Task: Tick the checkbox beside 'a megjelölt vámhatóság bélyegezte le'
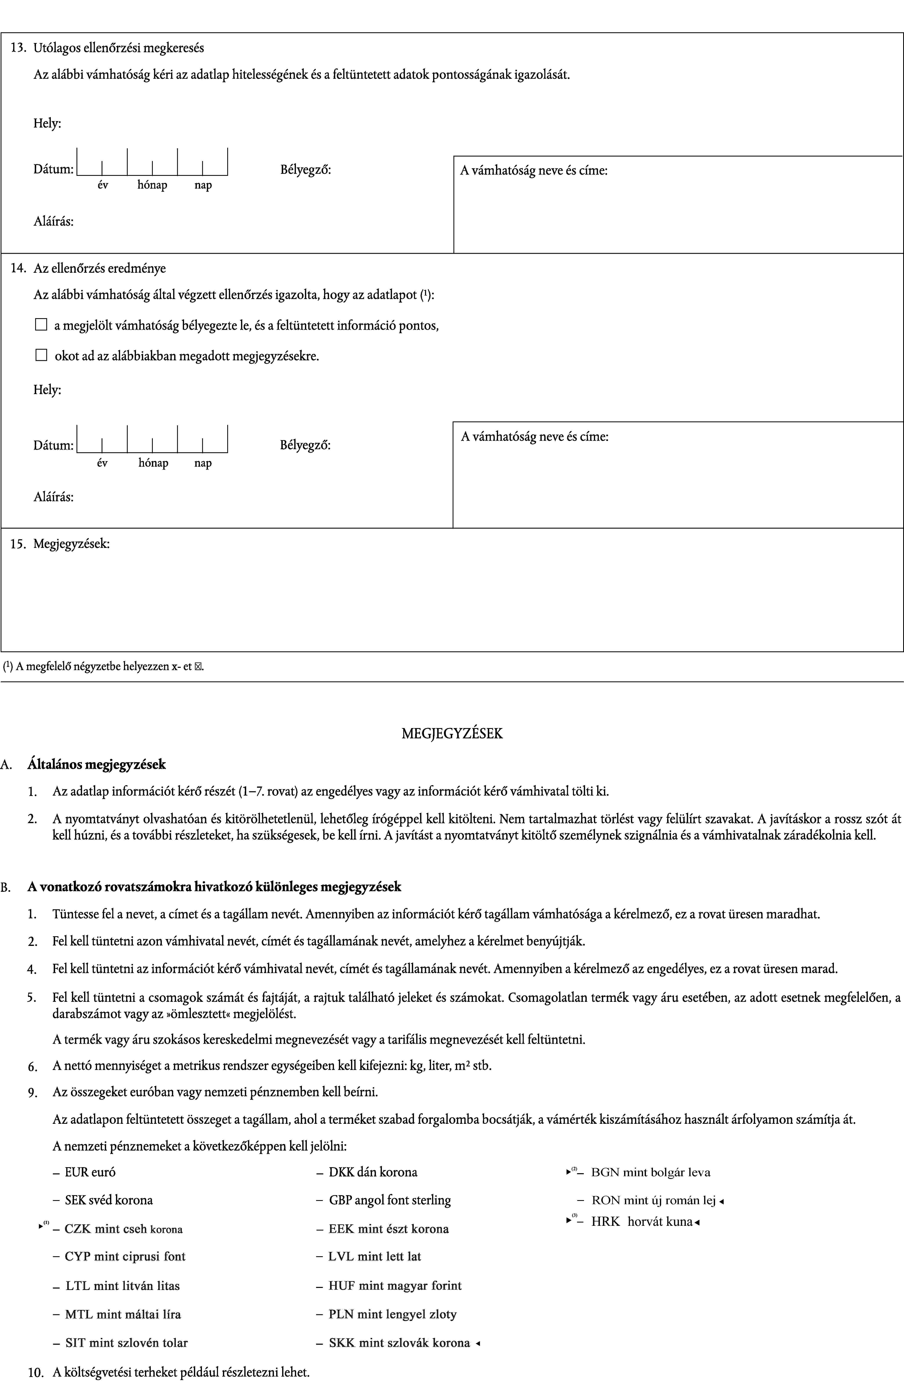(x=41, y=325)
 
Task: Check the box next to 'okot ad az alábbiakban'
(x=41, y=355)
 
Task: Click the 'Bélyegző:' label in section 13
(x=305, y=170)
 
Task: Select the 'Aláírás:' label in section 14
(x=53, y=497)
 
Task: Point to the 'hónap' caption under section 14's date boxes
(x=153, y=463)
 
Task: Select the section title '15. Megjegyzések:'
(x=60, y=544)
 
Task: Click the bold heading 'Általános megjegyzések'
(x=96, y=764)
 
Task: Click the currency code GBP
(x=340, y=1200)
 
